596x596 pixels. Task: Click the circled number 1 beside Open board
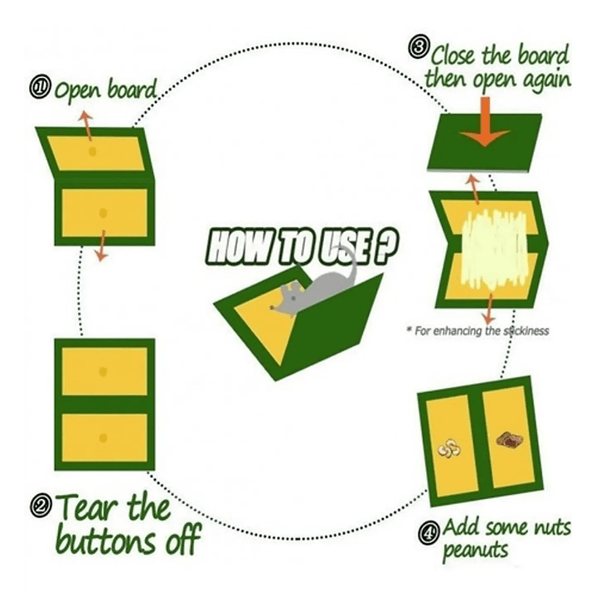40,88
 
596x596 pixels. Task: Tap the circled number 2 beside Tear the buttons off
41,506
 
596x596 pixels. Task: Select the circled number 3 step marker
419,47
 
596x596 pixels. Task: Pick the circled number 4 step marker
429,533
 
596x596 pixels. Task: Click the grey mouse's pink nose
272,308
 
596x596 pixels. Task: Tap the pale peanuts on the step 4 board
449,448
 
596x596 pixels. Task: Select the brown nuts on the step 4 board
510,440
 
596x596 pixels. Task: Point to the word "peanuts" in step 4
476,550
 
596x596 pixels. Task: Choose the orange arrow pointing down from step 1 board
101,245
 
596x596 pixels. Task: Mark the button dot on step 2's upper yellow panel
103,371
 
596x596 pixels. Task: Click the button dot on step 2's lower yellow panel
103,439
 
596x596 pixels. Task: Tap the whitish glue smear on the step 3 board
494,250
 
